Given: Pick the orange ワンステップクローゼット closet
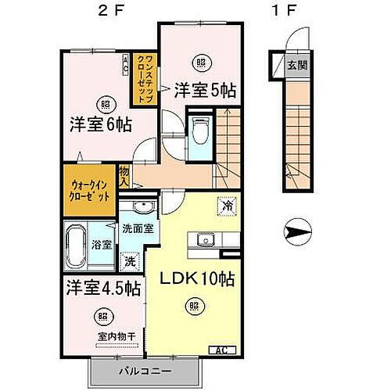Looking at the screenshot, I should (x=146, y=76).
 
